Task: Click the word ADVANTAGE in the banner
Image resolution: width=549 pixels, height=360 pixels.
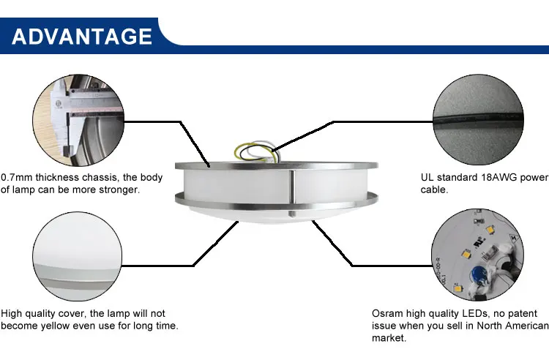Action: pos(82,37)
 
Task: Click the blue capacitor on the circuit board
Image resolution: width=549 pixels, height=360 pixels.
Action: pos(477,273)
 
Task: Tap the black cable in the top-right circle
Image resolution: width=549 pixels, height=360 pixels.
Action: pos(478,119)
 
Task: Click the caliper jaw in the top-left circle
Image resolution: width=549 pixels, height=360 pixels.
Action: pos(66,136)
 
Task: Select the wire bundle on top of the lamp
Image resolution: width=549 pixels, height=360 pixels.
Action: pos(257,151)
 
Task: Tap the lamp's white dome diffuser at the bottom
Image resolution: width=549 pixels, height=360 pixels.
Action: pos(277,214)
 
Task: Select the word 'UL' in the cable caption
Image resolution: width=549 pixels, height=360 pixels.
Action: pos(427,177)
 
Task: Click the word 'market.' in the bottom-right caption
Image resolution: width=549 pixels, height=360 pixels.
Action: pos(389,338)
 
